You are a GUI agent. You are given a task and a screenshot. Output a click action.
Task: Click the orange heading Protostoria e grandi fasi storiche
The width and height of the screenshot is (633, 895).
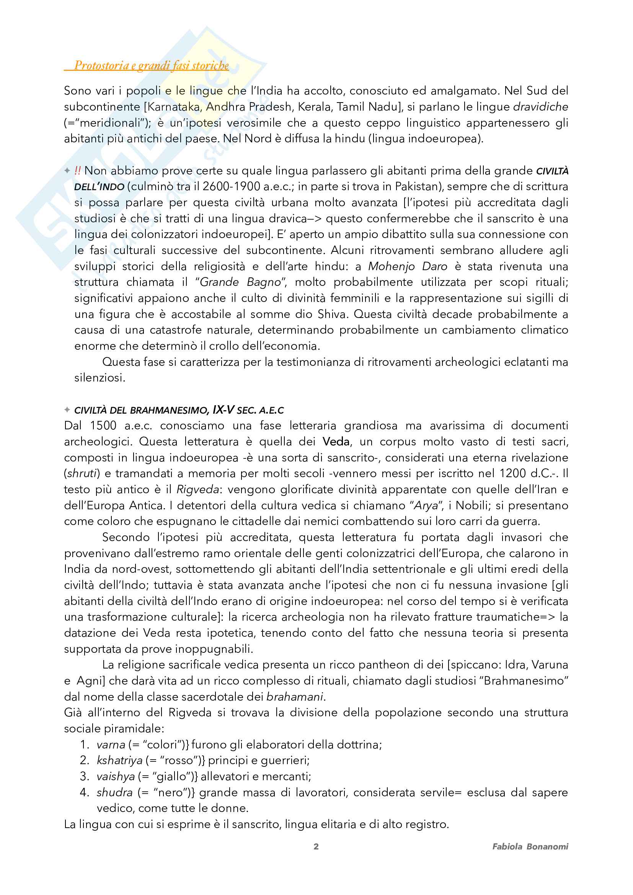coord(151,65)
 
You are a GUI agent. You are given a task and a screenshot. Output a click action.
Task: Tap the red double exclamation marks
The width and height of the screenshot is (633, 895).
coord(78,171)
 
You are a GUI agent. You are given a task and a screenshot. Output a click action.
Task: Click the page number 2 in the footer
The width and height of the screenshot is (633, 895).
coord(316,846)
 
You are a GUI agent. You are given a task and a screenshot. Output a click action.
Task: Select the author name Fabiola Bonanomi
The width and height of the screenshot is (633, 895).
coord(530,846)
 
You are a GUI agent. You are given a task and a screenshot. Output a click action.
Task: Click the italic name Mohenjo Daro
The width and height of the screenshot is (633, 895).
coord(408,267)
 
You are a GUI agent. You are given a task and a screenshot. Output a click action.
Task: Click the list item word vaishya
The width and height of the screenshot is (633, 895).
coord(115,776)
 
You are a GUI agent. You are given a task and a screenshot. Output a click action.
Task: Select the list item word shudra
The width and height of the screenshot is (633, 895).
coord(114,792)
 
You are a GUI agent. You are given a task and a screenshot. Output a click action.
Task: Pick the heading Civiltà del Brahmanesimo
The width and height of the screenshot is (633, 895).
coord(141,411)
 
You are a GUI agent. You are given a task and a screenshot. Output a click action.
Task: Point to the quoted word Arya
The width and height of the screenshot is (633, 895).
coord(426,505)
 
